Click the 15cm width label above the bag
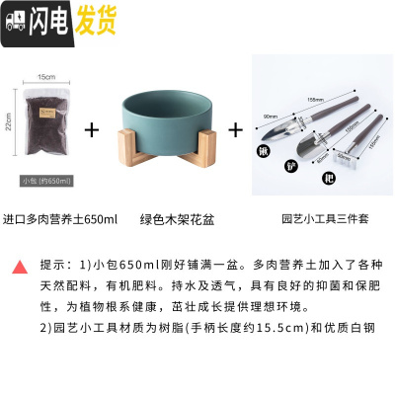[45, 76]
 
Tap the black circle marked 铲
[289, 165]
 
